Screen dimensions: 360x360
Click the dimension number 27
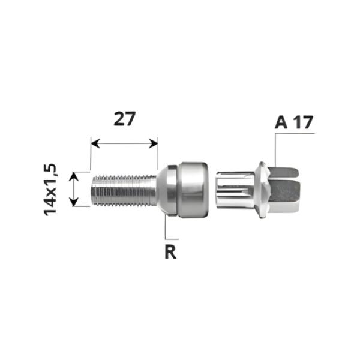tap(125, 119)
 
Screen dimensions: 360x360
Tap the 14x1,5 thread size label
tap(50, 190)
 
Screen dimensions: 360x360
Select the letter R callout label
tap(170, 251)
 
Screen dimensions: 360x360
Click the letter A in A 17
tap(281, 122)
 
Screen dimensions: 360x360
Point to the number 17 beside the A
tap(304, 122)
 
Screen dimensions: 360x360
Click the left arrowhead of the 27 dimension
tap(95, 143)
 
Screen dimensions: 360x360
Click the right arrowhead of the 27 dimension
tap(154, 143)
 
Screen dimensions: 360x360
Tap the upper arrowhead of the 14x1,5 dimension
tap(73, 176)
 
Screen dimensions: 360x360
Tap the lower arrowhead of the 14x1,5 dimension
tap(73, 202)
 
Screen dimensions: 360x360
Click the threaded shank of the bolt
tap(124, 190)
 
